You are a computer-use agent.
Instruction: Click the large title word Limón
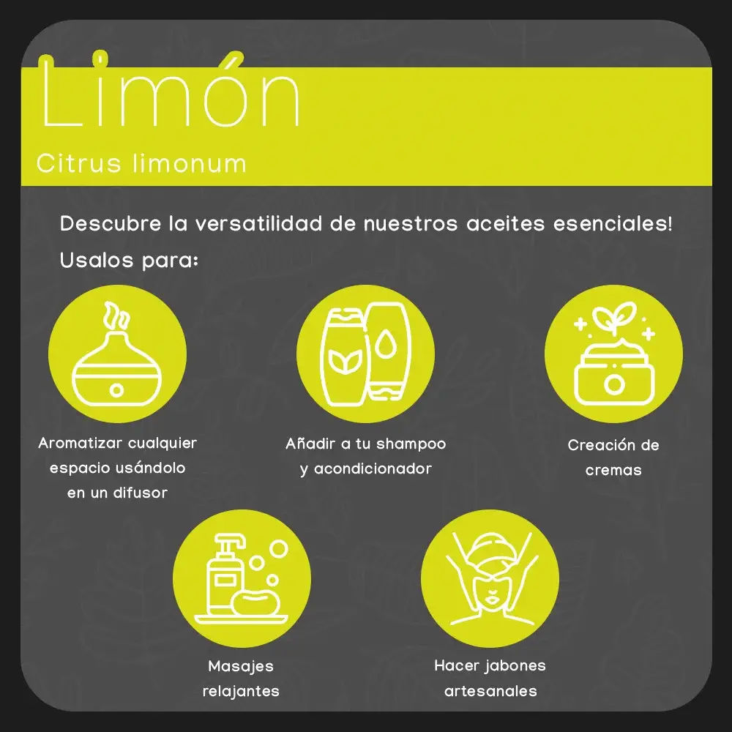pyautogui.click(x=170, y=91)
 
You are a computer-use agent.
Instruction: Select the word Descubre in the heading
pyautogui.click(x=111, y=223)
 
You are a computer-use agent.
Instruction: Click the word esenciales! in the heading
pyautogui.click(x=613, y=223)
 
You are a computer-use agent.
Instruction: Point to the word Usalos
pyautogui.click(x=97, y=260)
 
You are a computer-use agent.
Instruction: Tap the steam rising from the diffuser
pyautogui.click(x=116, y=315)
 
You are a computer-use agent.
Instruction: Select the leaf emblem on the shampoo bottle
pyautogui.click(x=345, y=362)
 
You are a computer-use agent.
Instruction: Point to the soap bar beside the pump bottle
pyautogui.click(x=256, y=602)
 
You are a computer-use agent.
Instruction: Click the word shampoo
pyautogui.click(x=411, y=444)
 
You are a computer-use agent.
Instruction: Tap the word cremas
pyautogui.click(x=613, y=470)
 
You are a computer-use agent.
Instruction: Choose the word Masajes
pyautogui.click(x=241, y=667)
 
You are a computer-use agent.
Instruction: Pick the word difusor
pyautogui.click(x=141, y=492)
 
